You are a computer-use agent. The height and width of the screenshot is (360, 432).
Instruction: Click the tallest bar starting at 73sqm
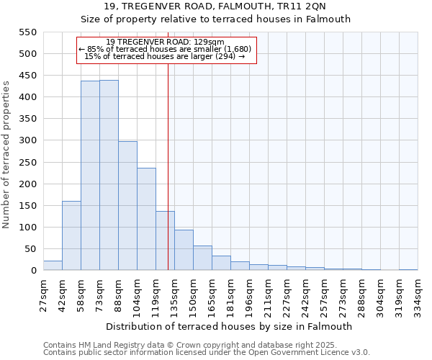click(x=109, y=176)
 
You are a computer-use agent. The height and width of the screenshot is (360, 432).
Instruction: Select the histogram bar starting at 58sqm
click(x=90, y=176)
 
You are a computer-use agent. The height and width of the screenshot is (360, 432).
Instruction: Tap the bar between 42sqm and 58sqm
click(x=71, y=235)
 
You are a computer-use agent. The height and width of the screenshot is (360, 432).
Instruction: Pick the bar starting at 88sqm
click(x=127, y=206)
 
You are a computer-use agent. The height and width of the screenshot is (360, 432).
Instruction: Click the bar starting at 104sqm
click(x=146, y=220)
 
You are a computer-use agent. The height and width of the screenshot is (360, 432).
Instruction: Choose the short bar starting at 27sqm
click(x=53, y=266)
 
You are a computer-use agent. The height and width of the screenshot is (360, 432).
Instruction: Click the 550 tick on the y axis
click(x=27, y=32)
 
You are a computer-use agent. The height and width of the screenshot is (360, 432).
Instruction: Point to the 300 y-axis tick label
click(x=27, y=140)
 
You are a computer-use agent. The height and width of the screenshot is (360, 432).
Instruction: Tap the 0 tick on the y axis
click(x=32, y=271)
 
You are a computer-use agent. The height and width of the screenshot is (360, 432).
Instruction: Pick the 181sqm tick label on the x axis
click(x=231, y=294)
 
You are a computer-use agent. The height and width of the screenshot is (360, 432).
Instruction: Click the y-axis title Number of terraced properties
click(x=6, y=154)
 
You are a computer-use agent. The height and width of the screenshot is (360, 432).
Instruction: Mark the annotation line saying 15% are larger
click(x=165, y=56)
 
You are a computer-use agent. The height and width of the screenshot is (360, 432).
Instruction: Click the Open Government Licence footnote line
click(x=207, y=352)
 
